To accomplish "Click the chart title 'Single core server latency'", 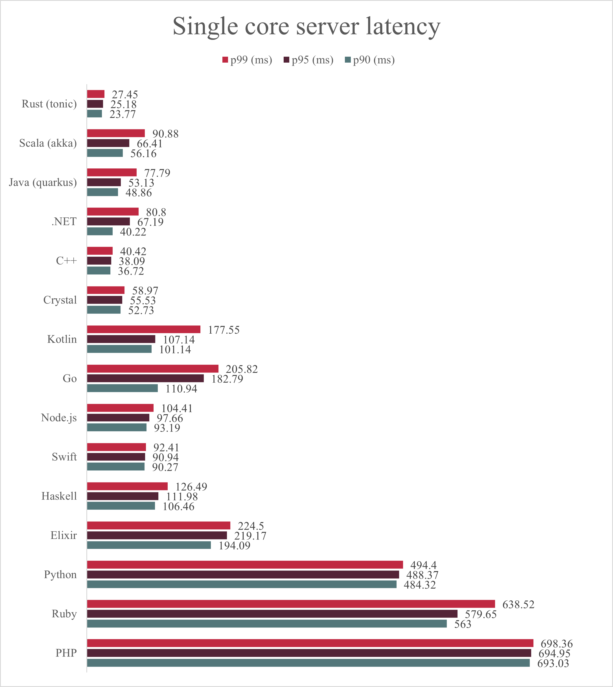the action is (x=306, y=27).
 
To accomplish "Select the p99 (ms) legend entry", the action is (x=247, y=60).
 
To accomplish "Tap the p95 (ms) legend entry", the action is (x=308, y=60).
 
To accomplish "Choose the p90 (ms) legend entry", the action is (x=370, y=60).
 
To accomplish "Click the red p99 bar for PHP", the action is (x=310, y=643).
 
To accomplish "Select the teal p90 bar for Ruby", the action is (x=267, y=623).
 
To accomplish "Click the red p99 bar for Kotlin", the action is (x=144, y=329).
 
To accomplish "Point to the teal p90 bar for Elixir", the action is (x=149, y=545).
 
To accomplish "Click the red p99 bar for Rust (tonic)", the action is (x=96, y=94).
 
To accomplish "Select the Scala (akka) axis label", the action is (x=48, y=143).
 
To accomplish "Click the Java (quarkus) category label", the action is (x=43, y=182).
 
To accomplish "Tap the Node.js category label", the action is (x=59, y=418).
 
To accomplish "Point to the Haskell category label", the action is (x=59, y=496).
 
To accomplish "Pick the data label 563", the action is (x=463, y=624).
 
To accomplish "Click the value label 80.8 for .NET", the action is (x=156, y=212).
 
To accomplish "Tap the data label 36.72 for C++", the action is (x=131, y=271).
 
